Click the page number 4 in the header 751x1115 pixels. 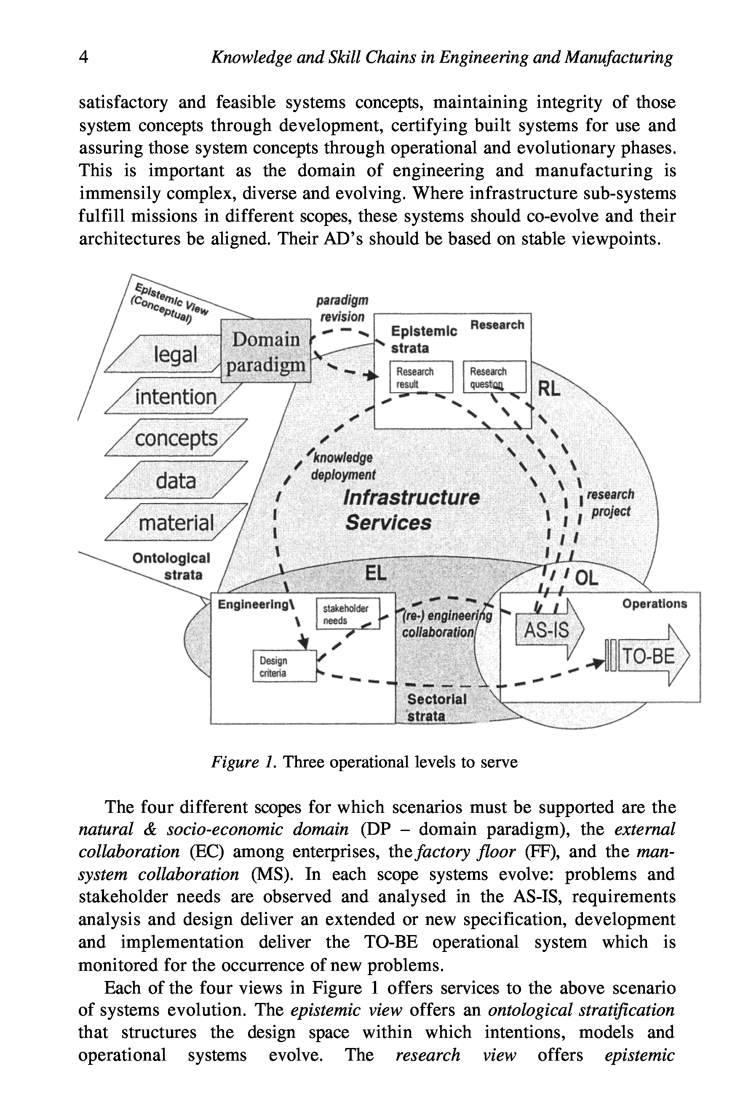point(83,57)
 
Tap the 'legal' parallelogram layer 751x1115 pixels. point(175,354)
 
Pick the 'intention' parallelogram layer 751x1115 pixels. point(175,397)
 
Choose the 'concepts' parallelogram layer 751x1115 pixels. point(176,438)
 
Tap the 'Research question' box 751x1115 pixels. point(494,377)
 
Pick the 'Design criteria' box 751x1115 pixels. point(284,667)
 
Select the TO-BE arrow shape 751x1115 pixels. point(652,656)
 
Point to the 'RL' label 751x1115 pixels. point(548,389)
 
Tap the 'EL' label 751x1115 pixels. point(376,573)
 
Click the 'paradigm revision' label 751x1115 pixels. point(342,308)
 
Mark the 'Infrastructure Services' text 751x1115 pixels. point(411,510)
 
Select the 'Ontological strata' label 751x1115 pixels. point(171,566)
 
